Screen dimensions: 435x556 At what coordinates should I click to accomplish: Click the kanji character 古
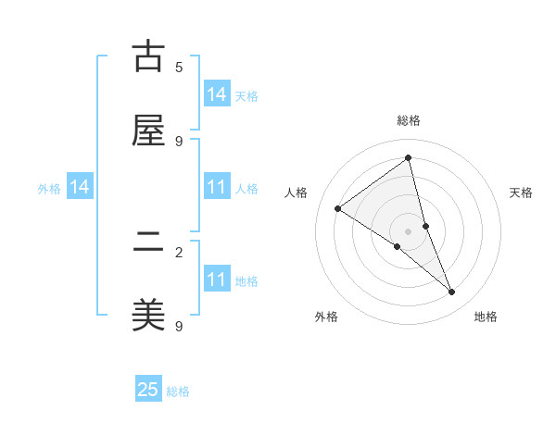coord(148,56)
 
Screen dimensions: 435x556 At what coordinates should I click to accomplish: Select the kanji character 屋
coord(148,130)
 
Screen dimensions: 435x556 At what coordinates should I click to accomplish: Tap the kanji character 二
coord(148,242)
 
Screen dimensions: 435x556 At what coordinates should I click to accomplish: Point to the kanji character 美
coord(148,316)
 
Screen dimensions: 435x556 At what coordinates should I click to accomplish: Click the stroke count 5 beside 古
coord(179,67)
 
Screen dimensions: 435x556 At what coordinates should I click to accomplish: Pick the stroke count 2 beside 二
coord(179,252)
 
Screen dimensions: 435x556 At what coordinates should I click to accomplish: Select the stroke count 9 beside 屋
coord(179,141)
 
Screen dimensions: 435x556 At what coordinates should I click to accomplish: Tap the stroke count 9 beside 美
coord(179,326)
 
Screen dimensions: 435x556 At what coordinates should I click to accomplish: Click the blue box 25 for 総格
coord(148,390)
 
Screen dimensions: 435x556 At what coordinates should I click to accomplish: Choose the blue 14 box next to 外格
coord(80,188)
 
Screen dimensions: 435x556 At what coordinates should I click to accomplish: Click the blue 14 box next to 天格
coord(217,94)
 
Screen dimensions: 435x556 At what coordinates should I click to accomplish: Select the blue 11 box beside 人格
coord(217,188)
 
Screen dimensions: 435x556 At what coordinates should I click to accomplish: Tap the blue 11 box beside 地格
coord(217,280)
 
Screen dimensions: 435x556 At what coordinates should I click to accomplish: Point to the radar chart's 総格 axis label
coord(409,120)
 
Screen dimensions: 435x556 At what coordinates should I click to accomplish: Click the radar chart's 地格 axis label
coord(486,317)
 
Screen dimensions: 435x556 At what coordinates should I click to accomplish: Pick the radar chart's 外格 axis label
coord(326,317)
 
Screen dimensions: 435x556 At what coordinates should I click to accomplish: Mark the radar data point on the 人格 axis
coord(338,208)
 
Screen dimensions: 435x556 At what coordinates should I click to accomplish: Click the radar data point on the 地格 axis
coord(452,292)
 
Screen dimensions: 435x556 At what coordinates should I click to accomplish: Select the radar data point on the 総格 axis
coord(409,158)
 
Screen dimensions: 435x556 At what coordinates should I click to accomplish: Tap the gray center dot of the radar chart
coord(409,230)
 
